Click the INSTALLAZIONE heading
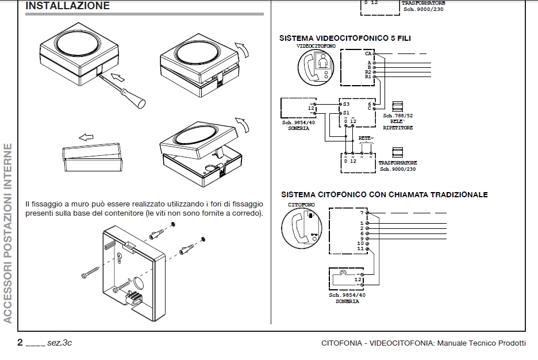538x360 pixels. click(68, 6)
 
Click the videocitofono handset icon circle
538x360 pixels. click(316, 68)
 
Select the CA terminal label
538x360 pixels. click(368, 53)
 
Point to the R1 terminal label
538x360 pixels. click(368, 76)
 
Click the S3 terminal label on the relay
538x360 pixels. click(346, 104)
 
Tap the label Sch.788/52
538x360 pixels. click(398, 116)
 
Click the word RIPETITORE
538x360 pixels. click(398, 128)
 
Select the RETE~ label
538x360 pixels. click(366, 138)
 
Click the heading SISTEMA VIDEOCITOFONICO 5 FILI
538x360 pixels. click(345, 38)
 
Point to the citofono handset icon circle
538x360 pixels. click(302, 228)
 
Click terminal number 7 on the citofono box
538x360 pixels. click(362, 213)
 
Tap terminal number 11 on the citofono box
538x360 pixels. click(360, 248)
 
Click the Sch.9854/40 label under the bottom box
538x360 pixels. click(347, 295)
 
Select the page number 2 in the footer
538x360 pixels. click(20, 342)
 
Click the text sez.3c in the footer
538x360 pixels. click(60, 343)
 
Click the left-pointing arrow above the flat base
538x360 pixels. click(86, 137)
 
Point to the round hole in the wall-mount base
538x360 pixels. click(139, 282)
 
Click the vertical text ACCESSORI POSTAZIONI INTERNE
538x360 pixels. click(8, 233)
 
